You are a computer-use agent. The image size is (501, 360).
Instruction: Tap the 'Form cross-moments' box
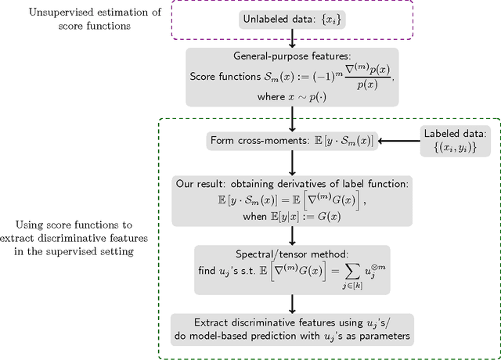pos(291,142)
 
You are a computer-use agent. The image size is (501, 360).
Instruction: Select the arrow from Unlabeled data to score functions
pos(291,37)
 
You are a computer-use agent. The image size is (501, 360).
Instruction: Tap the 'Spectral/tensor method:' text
pos(291,254)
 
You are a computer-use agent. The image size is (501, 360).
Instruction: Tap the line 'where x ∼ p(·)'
pos(291,96)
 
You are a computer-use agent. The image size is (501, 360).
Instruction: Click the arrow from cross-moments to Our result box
pos(291,164)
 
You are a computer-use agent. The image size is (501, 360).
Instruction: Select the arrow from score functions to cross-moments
pos(291,119)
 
